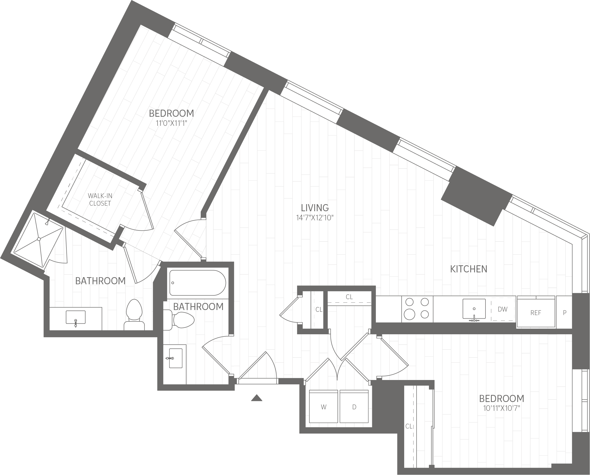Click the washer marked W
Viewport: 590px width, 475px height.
(x=323, y=407)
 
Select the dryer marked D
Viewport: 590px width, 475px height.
(x=354, y=407)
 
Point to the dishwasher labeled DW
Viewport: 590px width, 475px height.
(x=503, y=309)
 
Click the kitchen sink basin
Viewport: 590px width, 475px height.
(x=474, y=309)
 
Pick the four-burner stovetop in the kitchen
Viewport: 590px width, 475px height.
(x=417, y=309)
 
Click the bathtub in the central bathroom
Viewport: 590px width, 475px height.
(x=198, y=283)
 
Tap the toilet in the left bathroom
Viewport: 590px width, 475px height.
(x=134, y=315)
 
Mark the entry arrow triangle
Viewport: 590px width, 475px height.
(x=257, y=398)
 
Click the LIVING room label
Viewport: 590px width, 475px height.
(x=315, y=208)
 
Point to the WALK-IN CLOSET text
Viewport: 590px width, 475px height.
(x=100, y=199)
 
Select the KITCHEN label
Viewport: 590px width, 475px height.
(x=469, y=269)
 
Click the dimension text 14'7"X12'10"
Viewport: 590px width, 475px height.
(x=315, y=218)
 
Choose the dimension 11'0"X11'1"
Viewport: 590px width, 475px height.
(x=171, y=123)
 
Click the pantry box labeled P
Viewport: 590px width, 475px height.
(x=565, y=313)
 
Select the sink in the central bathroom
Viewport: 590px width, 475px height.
(x=175, y=358)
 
